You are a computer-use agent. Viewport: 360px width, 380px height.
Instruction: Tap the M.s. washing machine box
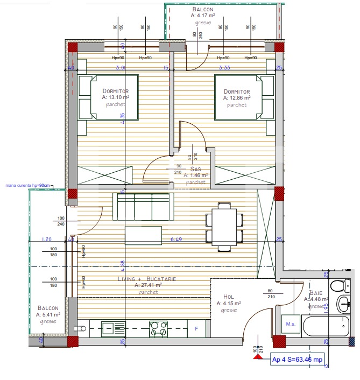click(291, 324)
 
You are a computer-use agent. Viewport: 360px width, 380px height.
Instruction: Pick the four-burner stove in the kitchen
click(158, 328)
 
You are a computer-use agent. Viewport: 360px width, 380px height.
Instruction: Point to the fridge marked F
click(196, 328)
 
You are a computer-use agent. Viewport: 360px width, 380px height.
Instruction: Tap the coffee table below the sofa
click(143, 235)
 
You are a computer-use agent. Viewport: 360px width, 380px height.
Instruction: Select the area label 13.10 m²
click(116, 98)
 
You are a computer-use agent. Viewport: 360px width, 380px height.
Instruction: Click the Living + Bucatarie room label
click(147, 279)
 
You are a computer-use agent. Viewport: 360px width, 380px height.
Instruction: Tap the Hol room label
click(229, 297)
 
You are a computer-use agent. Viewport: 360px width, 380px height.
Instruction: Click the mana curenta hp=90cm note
click(28, 186)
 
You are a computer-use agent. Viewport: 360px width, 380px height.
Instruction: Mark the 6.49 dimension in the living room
click(177, 239)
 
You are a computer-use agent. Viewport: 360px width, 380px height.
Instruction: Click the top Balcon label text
click(203, 10)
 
